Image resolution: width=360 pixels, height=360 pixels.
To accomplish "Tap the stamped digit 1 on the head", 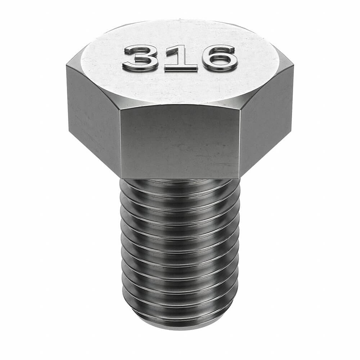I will pyautogui.click(x=181, y=59).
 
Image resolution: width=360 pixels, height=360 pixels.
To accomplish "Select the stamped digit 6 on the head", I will pyautogui.click(x=220, y=58).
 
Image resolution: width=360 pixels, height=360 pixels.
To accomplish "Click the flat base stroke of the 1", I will pyautogui.click(x=181, y=68).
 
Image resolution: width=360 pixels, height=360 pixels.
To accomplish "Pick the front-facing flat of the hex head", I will pyautogui.click(x=180, y=142).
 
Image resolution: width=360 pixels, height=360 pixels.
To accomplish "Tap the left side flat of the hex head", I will pyautogui.click(x=94, y=115).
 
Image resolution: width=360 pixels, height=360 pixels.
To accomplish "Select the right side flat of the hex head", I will pyautogui.click(x=266, y=115).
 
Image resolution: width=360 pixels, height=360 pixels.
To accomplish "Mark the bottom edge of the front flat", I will pyautogui.click(x=180, y=178).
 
